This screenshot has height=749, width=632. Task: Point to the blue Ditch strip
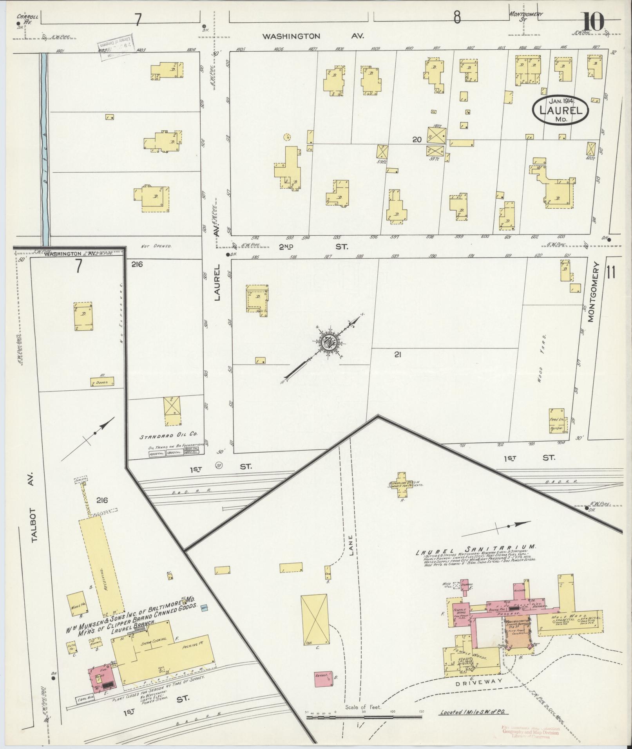point(44,149)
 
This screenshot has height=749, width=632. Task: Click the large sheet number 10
point(593,22)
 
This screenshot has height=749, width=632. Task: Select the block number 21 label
point(398,355)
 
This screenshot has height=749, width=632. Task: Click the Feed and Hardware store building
point(556,421)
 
